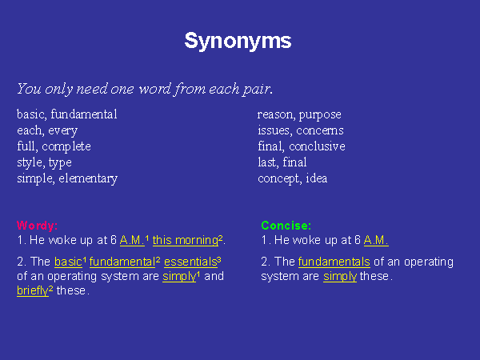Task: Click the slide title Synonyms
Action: coord(238,41)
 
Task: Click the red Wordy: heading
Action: coord(37,226)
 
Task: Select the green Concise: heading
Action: coord(286,226)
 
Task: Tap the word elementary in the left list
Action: coord(88,178)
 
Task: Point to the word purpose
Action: coord(320,115)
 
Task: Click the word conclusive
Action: coord(317,146)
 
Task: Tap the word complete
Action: coord(66,147)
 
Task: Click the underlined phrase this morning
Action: coord(186,240)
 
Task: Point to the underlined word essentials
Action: coord(190,262)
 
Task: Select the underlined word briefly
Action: coord(33,291)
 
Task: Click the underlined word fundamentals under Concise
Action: coord(334,262)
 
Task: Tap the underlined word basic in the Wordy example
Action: coord(68,262)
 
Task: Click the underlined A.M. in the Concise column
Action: coord(376,240)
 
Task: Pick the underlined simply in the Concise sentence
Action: coord(340,277)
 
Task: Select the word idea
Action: coord(317,178)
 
